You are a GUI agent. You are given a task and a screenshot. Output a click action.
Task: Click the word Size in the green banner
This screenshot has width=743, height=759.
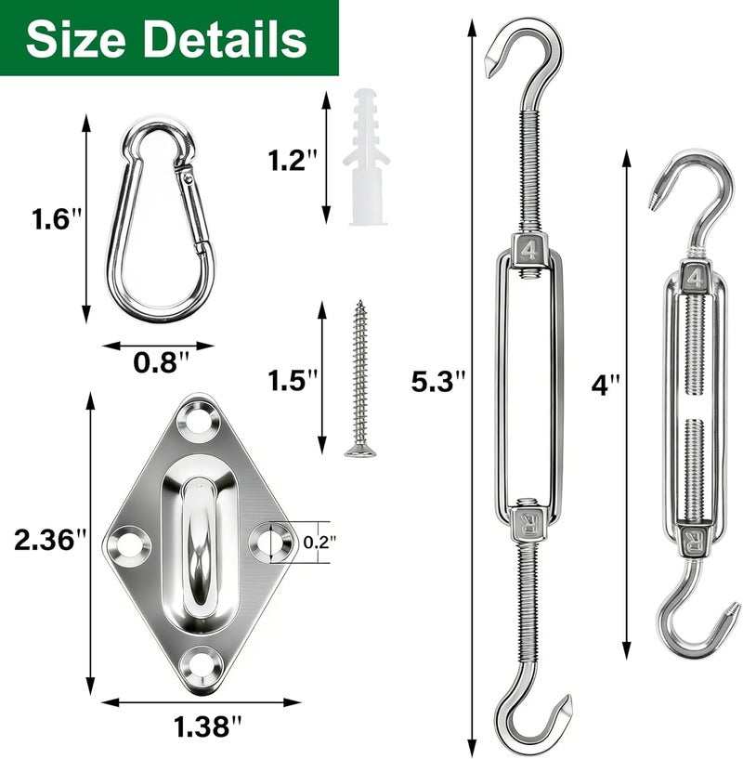[x=76, y=39]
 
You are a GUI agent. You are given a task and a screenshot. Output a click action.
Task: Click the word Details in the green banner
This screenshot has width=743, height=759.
[x=226, y=39]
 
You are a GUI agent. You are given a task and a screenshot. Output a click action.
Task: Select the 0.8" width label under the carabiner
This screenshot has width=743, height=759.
[x=161, y=362]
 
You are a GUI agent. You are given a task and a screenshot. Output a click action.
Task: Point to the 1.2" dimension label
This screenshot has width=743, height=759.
[x=293, y=160]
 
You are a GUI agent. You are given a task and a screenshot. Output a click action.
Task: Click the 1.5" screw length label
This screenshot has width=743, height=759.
[x=292, y=380]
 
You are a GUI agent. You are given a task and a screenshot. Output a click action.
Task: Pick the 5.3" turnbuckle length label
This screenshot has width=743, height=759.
[x=437, y=381]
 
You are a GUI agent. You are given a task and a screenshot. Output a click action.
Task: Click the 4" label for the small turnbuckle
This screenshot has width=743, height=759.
[x=605, y=386]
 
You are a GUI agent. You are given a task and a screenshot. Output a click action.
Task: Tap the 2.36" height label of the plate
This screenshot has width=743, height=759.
[x=50, y=540]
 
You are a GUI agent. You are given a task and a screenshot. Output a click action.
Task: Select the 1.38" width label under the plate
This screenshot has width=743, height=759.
[x=207, y=726]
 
